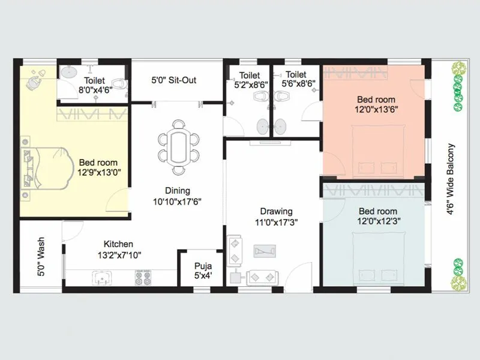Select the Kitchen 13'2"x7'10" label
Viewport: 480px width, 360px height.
[x=118, y=249]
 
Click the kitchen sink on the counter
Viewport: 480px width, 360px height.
[x=101, y=277]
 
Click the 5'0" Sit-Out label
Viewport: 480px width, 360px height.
[x=173, y=80]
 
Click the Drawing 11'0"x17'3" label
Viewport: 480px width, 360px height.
[x=276, y=216]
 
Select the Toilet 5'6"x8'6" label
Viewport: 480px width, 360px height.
[x=296, y=80]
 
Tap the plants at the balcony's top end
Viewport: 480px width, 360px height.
[x=459, y=85]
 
